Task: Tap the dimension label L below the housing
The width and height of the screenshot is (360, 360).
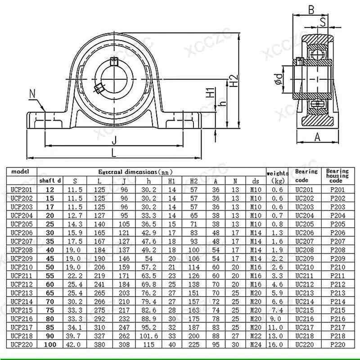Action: point(114,152)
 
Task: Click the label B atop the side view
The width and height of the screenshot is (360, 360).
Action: point(311,9)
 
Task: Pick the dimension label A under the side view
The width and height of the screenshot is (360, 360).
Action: point(317,137)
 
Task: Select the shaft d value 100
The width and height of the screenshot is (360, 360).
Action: point(50,344)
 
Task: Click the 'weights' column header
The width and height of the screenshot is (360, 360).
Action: point(278,173)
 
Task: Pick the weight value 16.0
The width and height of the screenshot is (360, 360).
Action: point(277,344)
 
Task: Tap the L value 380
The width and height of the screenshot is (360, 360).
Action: point(99,344)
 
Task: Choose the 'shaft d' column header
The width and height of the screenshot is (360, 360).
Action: point(50,181)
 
